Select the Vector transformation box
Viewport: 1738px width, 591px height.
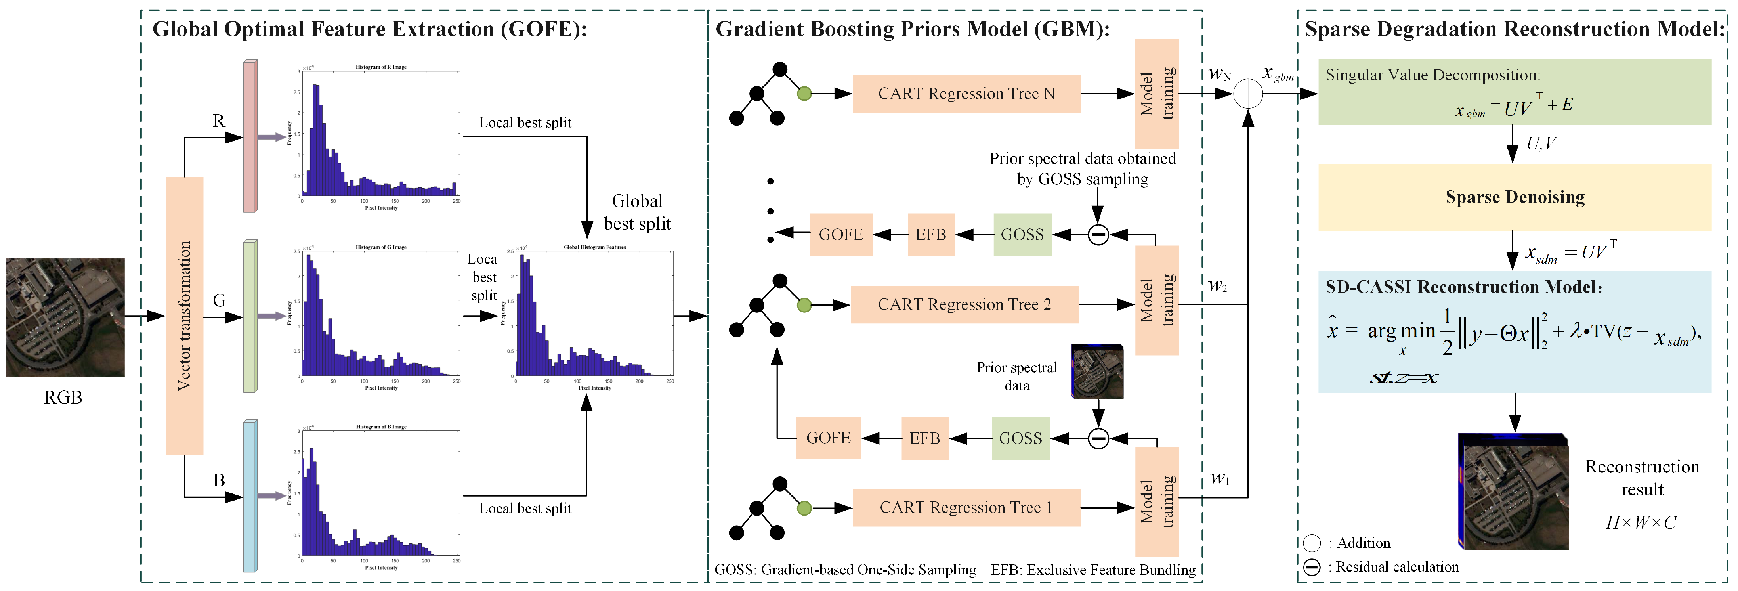184,316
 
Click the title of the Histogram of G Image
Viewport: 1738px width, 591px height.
381,247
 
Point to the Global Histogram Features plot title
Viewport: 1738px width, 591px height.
594,247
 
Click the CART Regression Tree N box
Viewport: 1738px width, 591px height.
966,94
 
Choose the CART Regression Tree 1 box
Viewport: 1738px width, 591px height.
966,507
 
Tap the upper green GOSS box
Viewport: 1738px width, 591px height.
1022,235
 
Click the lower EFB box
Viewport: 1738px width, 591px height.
924,438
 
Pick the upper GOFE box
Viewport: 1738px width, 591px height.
840,235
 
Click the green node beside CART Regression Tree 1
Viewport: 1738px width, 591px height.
804,508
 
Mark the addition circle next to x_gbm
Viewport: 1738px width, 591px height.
1247,94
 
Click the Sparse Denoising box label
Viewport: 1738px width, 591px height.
1515,197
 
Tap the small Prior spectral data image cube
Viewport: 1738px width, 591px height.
1097,372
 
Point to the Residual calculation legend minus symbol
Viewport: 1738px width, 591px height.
1312,567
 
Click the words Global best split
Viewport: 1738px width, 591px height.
636,212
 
